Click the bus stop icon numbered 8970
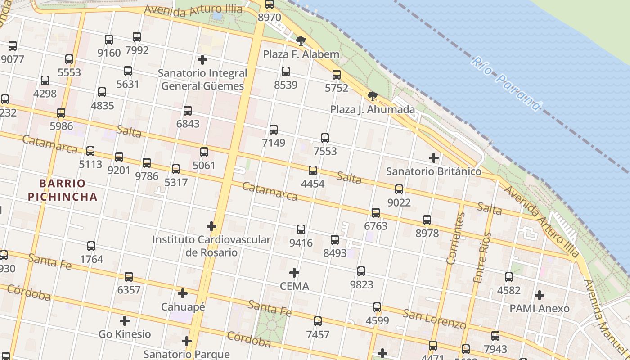270,4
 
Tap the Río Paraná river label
506,84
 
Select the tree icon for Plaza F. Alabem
301,41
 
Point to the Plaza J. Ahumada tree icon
372,96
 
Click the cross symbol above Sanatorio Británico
434,158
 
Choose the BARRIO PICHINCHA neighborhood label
62,190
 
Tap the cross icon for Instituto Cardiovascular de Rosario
211,226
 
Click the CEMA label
294,286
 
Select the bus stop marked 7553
325,138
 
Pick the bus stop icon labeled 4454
313,171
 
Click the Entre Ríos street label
482,257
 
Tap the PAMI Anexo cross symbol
540,295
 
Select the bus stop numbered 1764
91,246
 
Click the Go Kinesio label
125,334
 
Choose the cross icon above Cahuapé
183,293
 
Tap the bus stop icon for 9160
109,40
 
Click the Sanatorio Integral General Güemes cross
202,59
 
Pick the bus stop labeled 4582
509,277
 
